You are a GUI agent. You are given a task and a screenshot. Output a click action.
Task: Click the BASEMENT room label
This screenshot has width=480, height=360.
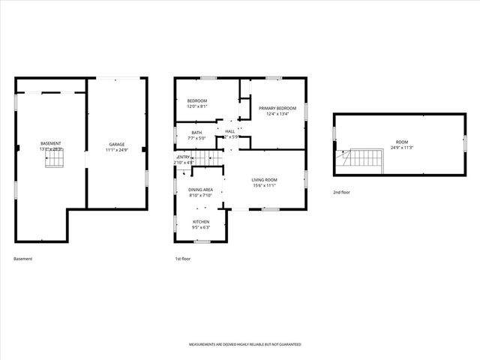click(x=51, y=143)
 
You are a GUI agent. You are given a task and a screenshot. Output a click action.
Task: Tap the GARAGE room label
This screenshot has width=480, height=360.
click(x=117, y=144)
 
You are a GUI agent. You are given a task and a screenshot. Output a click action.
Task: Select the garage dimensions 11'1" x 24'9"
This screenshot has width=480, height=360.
click(x=117, y=150)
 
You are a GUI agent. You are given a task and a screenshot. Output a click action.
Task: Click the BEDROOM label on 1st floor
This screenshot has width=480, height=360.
click(x=197, y=100)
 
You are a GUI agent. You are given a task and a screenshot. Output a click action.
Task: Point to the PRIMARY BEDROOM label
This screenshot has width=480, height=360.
click(x=277, y=109)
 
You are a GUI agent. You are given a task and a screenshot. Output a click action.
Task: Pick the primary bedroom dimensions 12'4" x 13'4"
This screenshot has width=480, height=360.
click(x=277, y=115)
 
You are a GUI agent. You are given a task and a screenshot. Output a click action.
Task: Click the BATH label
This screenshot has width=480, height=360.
click(x=196, y=133)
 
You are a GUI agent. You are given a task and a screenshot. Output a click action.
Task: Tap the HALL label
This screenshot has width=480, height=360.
click(x=230, y=132)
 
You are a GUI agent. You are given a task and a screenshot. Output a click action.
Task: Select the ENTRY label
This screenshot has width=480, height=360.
click(x=184, y=157)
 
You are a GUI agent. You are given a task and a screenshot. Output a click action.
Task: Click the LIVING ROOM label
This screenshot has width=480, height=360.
click(x=264, y=179)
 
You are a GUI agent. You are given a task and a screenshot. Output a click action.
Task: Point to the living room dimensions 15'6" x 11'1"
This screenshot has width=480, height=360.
click(x=264, y=185)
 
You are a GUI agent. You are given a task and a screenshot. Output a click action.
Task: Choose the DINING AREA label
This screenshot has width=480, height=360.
click(x=201, y=190)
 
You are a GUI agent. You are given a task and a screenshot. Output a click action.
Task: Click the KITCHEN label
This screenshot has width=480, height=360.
click(x=201, y=222)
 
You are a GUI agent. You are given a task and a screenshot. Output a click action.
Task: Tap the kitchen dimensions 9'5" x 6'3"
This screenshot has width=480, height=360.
click(x=201, y=228)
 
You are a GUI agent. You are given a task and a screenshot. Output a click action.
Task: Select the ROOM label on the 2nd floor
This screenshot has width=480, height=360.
click(x=403, y=142)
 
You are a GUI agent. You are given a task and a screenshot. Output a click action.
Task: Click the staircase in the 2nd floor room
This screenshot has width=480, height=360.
click(x=361, y=158)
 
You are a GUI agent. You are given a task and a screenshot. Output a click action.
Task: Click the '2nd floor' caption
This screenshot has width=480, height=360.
click(x=341, y=193)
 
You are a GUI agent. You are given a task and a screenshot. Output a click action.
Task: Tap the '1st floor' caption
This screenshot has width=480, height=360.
click(x=183, y=259)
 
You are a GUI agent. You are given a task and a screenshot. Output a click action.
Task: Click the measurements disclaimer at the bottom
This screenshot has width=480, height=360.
click(x=244, y=344)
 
